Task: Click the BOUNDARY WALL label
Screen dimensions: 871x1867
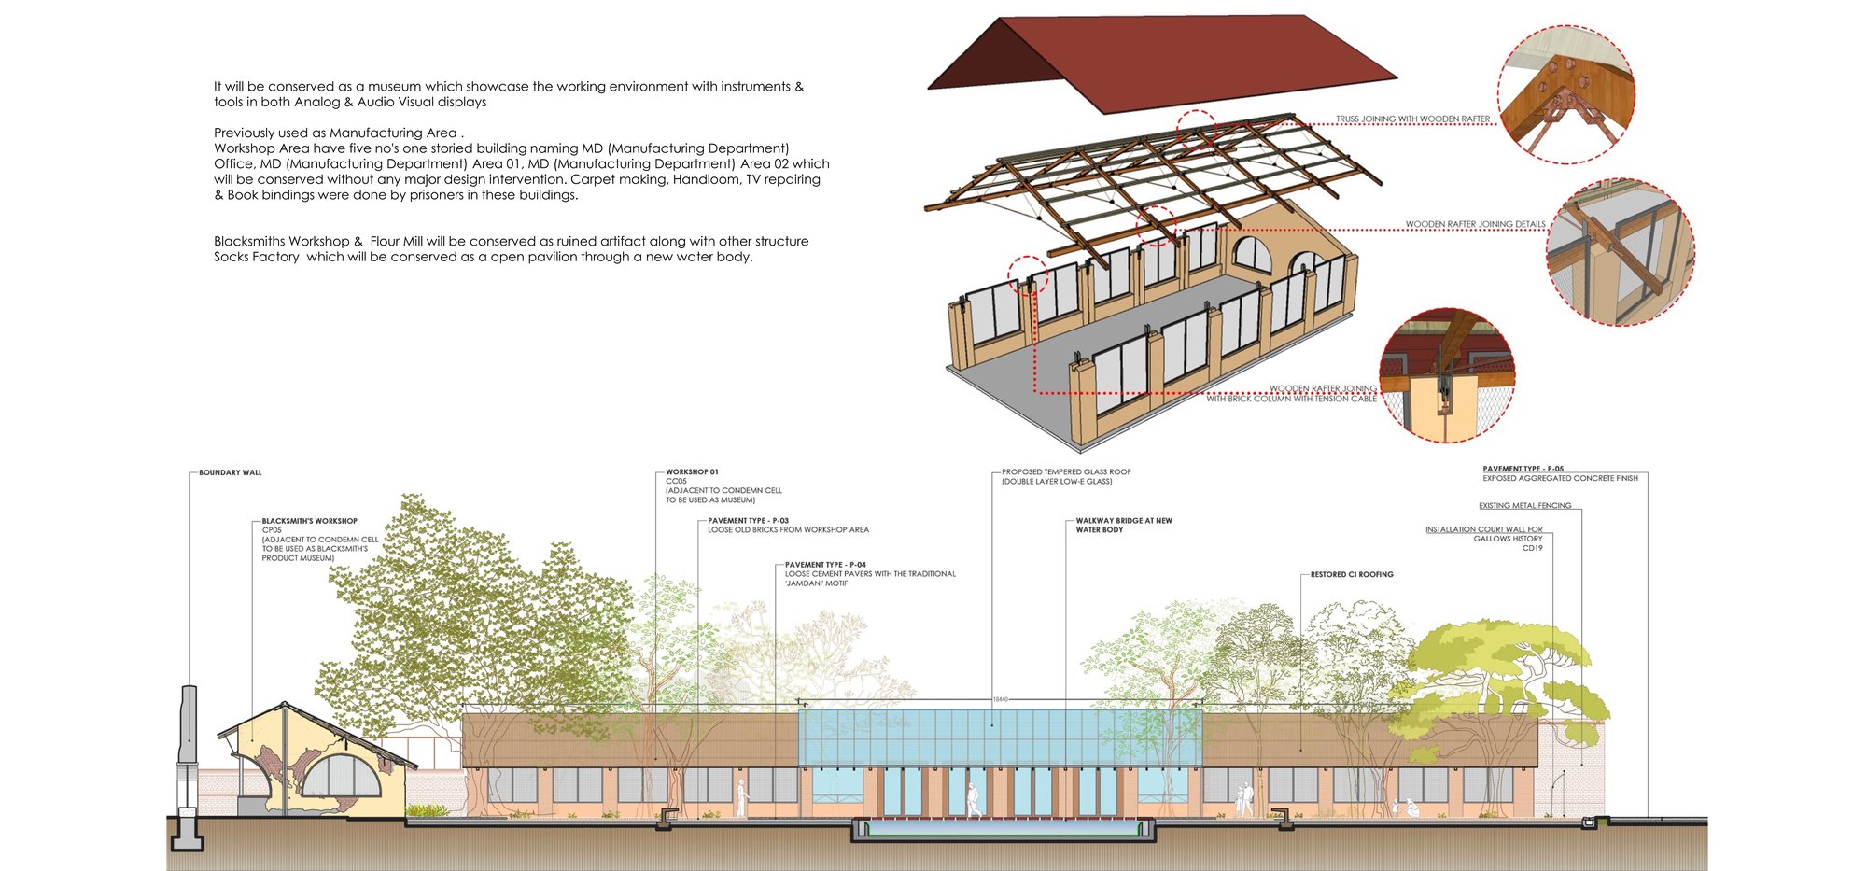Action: pos(230,473)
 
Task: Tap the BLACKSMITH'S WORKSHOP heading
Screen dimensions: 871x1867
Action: pos(309,521)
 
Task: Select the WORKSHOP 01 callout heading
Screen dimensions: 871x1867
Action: pos(692,472)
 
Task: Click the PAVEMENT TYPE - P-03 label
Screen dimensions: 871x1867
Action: pos(748,521)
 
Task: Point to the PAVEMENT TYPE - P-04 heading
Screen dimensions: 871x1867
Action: pos(825,565)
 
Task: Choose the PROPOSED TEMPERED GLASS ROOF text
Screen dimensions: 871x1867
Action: pos(1066,472)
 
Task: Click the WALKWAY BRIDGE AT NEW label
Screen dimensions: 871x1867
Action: pos(1124,521)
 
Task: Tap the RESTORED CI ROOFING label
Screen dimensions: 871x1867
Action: pos(1351,575)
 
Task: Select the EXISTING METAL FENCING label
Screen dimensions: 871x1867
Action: pos(1524,506)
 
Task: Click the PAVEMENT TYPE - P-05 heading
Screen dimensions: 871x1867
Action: pos(1523,469)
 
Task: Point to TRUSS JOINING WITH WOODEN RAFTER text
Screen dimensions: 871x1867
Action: pos(1412,119)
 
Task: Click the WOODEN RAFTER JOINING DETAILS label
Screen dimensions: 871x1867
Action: pos(1475,225)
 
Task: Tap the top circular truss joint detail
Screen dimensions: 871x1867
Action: pos(1566,94)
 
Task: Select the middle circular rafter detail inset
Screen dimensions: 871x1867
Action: pos(1620,252)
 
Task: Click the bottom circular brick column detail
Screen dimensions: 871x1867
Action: pos(1447,375)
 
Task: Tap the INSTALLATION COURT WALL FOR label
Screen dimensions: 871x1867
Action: pos(1483,529)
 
